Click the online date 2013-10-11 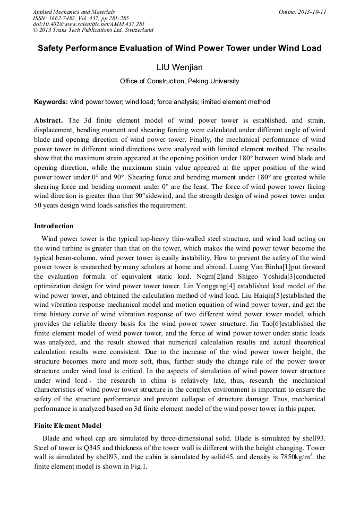click(x=313, y=12)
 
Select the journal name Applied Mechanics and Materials click(x=73, y=12)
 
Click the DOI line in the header click(x=89, y=24)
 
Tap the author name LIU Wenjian click(x=179, y=67)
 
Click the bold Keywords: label click(x=51, y=102)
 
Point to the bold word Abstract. click(x=48, y=120)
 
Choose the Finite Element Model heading click(x=67, y=426)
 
